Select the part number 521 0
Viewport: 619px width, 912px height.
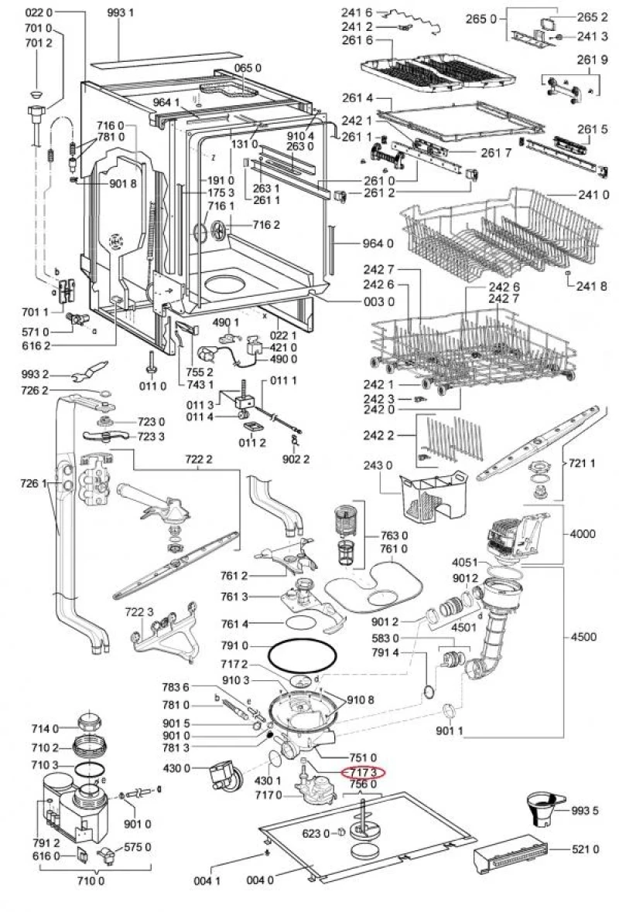coord(586,850)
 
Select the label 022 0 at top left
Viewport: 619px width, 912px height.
coord(39,13)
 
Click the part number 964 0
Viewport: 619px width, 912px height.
coord(379,243)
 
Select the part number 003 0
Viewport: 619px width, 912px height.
coord(379,301)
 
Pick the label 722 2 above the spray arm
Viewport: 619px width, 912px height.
coord(198,459)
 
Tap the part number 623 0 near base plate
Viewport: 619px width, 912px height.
coord(314,832)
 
